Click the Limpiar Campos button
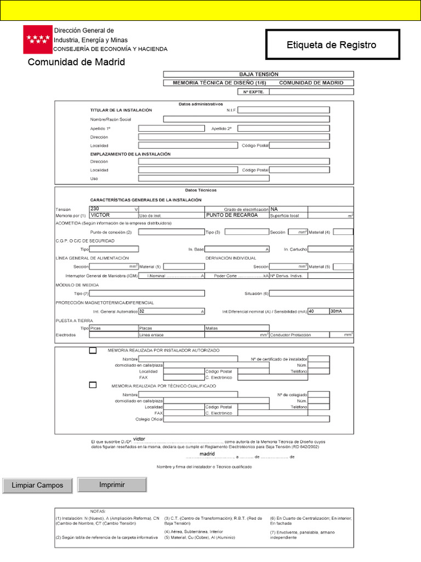[x=37, y=485]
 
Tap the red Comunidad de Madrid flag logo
[x=37, y=39]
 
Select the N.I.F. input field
[x=283, y=110]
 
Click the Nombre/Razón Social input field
[x=247, y=119]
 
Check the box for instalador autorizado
[x=93, y=350]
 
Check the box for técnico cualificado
[x=93, y=385]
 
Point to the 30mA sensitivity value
[x=341, y=311]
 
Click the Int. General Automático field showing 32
[x=171, y=311]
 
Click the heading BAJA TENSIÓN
[x=258, y=74]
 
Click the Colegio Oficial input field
[x=247, y=419]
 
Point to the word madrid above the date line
[x=207, y=454]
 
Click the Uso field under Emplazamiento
[x=203, y=178]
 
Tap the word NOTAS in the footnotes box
[x=99, y=510]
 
